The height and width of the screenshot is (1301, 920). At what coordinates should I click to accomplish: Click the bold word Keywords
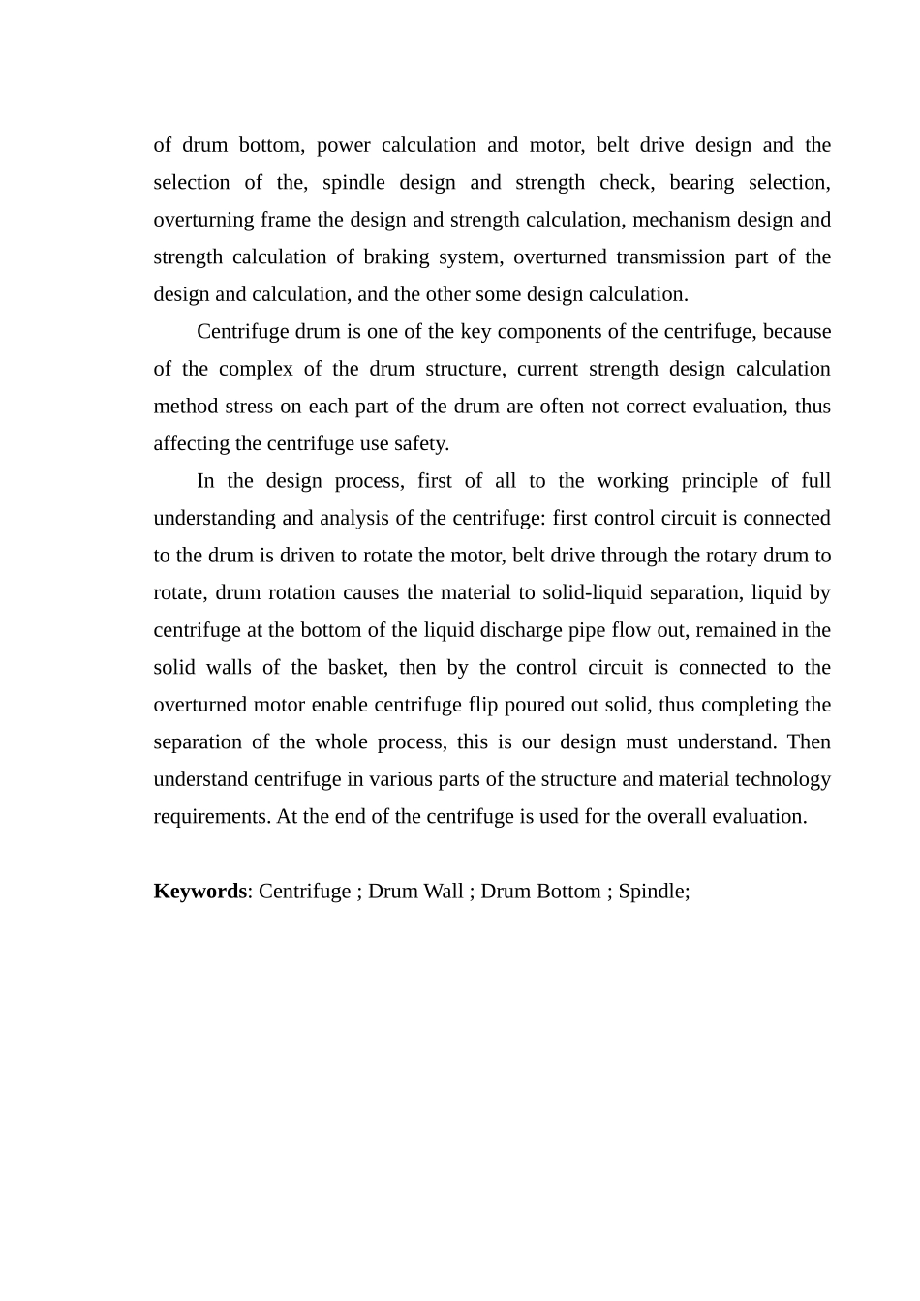[x=199, y=892]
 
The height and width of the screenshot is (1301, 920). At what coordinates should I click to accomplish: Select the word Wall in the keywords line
[x=440, y=892]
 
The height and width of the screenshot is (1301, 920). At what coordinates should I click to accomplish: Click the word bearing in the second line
[x=700, y=183]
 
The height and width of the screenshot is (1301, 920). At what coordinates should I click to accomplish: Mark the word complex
[x=256, y=370]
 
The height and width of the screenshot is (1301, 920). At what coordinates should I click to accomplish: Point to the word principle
[x=720, y=481]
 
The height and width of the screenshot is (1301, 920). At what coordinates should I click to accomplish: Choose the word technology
[x=782, y=779]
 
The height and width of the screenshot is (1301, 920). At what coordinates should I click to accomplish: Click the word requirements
[x=212, y=817]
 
